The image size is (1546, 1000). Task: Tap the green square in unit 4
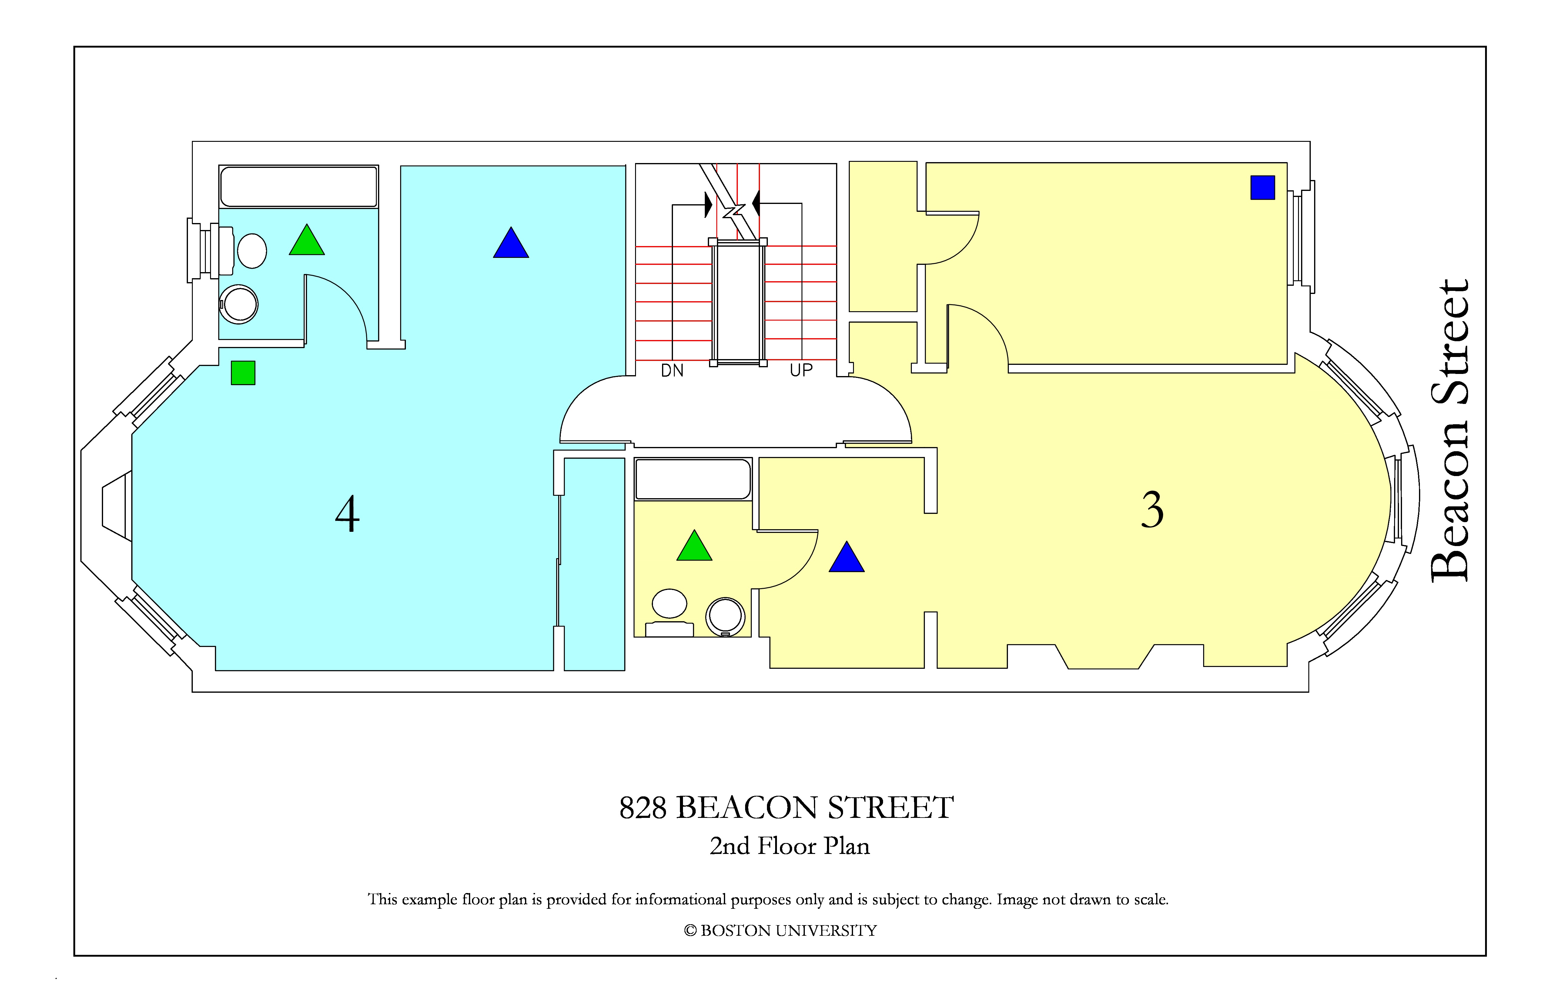point(243,373)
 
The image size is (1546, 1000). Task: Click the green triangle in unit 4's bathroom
point(306,240)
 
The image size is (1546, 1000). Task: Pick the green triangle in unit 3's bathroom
point(694,546)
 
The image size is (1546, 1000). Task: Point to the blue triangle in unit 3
point(846,557)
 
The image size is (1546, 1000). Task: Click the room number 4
point(347,514)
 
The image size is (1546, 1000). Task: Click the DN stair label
point(672,371)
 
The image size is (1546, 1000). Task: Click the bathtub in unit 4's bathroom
point(299,187)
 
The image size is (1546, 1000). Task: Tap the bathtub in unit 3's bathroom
point(693,479)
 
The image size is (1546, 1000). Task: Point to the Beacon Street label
point(1450,431)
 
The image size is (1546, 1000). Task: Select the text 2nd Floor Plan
point(789,846)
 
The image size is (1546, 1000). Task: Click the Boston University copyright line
point(780,931)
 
